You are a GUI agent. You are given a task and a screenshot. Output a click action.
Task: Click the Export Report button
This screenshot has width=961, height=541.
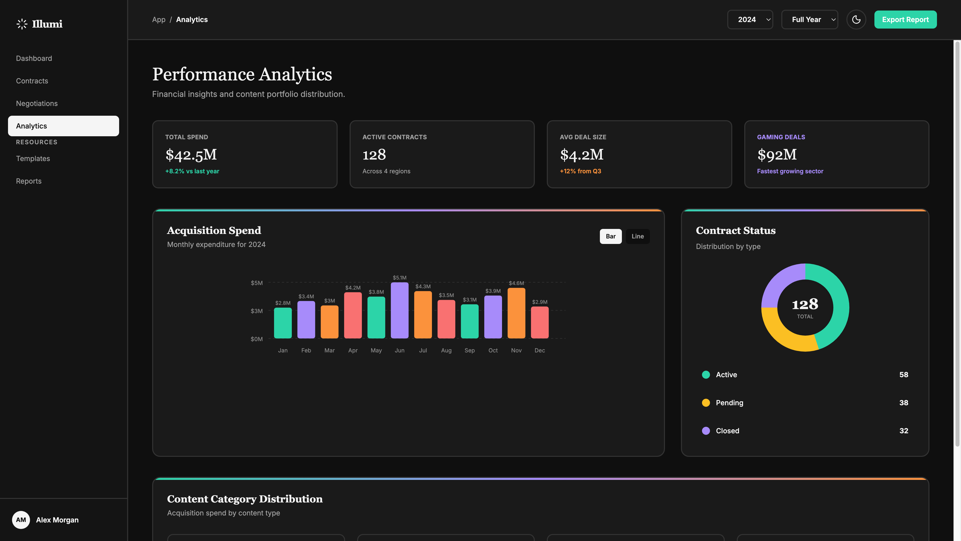pyautogui.click(x=905, y=20)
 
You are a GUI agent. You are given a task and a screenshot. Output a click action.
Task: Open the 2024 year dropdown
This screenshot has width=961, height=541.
pyautogui.click(x=750, y=20)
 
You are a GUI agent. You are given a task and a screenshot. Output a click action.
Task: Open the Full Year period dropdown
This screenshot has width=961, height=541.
pyautogui.click(x=809, y=20)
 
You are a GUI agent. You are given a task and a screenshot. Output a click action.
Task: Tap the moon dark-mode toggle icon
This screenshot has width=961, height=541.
pyautogui.click(x=856, y=20)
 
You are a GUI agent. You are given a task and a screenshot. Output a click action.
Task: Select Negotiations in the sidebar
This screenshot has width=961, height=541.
pyautogui.click(x=37, y=103)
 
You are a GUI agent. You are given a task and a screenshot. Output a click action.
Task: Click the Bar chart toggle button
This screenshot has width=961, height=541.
pyautogui.click(x=610, y=236)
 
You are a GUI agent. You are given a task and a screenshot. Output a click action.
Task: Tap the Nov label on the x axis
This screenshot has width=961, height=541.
pyautogui.click(x=516, y=350)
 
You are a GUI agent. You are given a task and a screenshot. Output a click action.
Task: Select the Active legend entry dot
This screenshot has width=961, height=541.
pyautogui.click(x=705, y=374)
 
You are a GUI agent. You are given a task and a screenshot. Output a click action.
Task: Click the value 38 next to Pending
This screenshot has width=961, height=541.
pyautogui.click(x=903, y=402)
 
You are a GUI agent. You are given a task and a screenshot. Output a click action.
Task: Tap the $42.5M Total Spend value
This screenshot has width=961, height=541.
pyautogui.click(x=191, y=155)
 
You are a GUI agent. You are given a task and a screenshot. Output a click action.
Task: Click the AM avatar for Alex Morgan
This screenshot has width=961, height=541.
pyautogui.click(x=21, y=520)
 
